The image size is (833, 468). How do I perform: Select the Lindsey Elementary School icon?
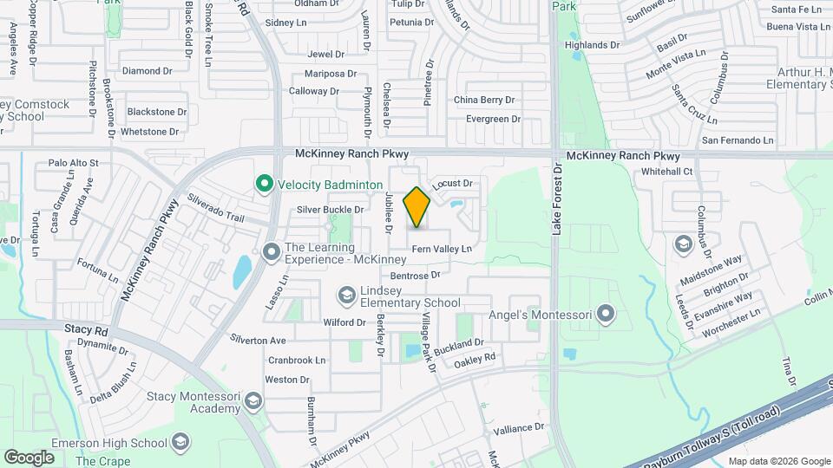point(347,296)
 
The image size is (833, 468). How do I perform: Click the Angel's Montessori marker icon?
point(606,314)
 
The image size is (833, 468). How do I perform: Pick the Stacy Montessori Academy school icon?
point(253,400)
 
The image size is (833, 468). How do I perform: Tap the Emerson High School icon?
point(180,443)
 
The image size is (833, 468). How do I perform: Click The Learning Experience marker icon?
point(272,252)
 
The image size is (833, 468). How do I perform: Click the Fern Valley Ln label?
point(442,249)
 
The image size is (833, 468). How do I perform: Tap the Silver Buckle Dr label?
point(330,210)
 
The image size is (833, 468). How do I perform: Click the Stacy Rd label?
point(85,331)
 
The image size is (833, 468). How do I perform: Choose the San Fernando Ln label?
point(738,140)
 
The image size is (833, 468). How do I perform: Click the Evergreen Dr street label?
point(493,119)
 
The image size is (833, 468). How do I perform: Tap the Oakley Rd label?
point(476,358)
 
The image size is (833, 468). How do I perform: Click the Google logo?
point(29,457)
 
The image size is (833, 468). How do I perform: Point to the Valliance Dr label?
point(518,427)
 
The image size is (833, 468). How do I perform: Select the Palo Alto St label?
point(74,162)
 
